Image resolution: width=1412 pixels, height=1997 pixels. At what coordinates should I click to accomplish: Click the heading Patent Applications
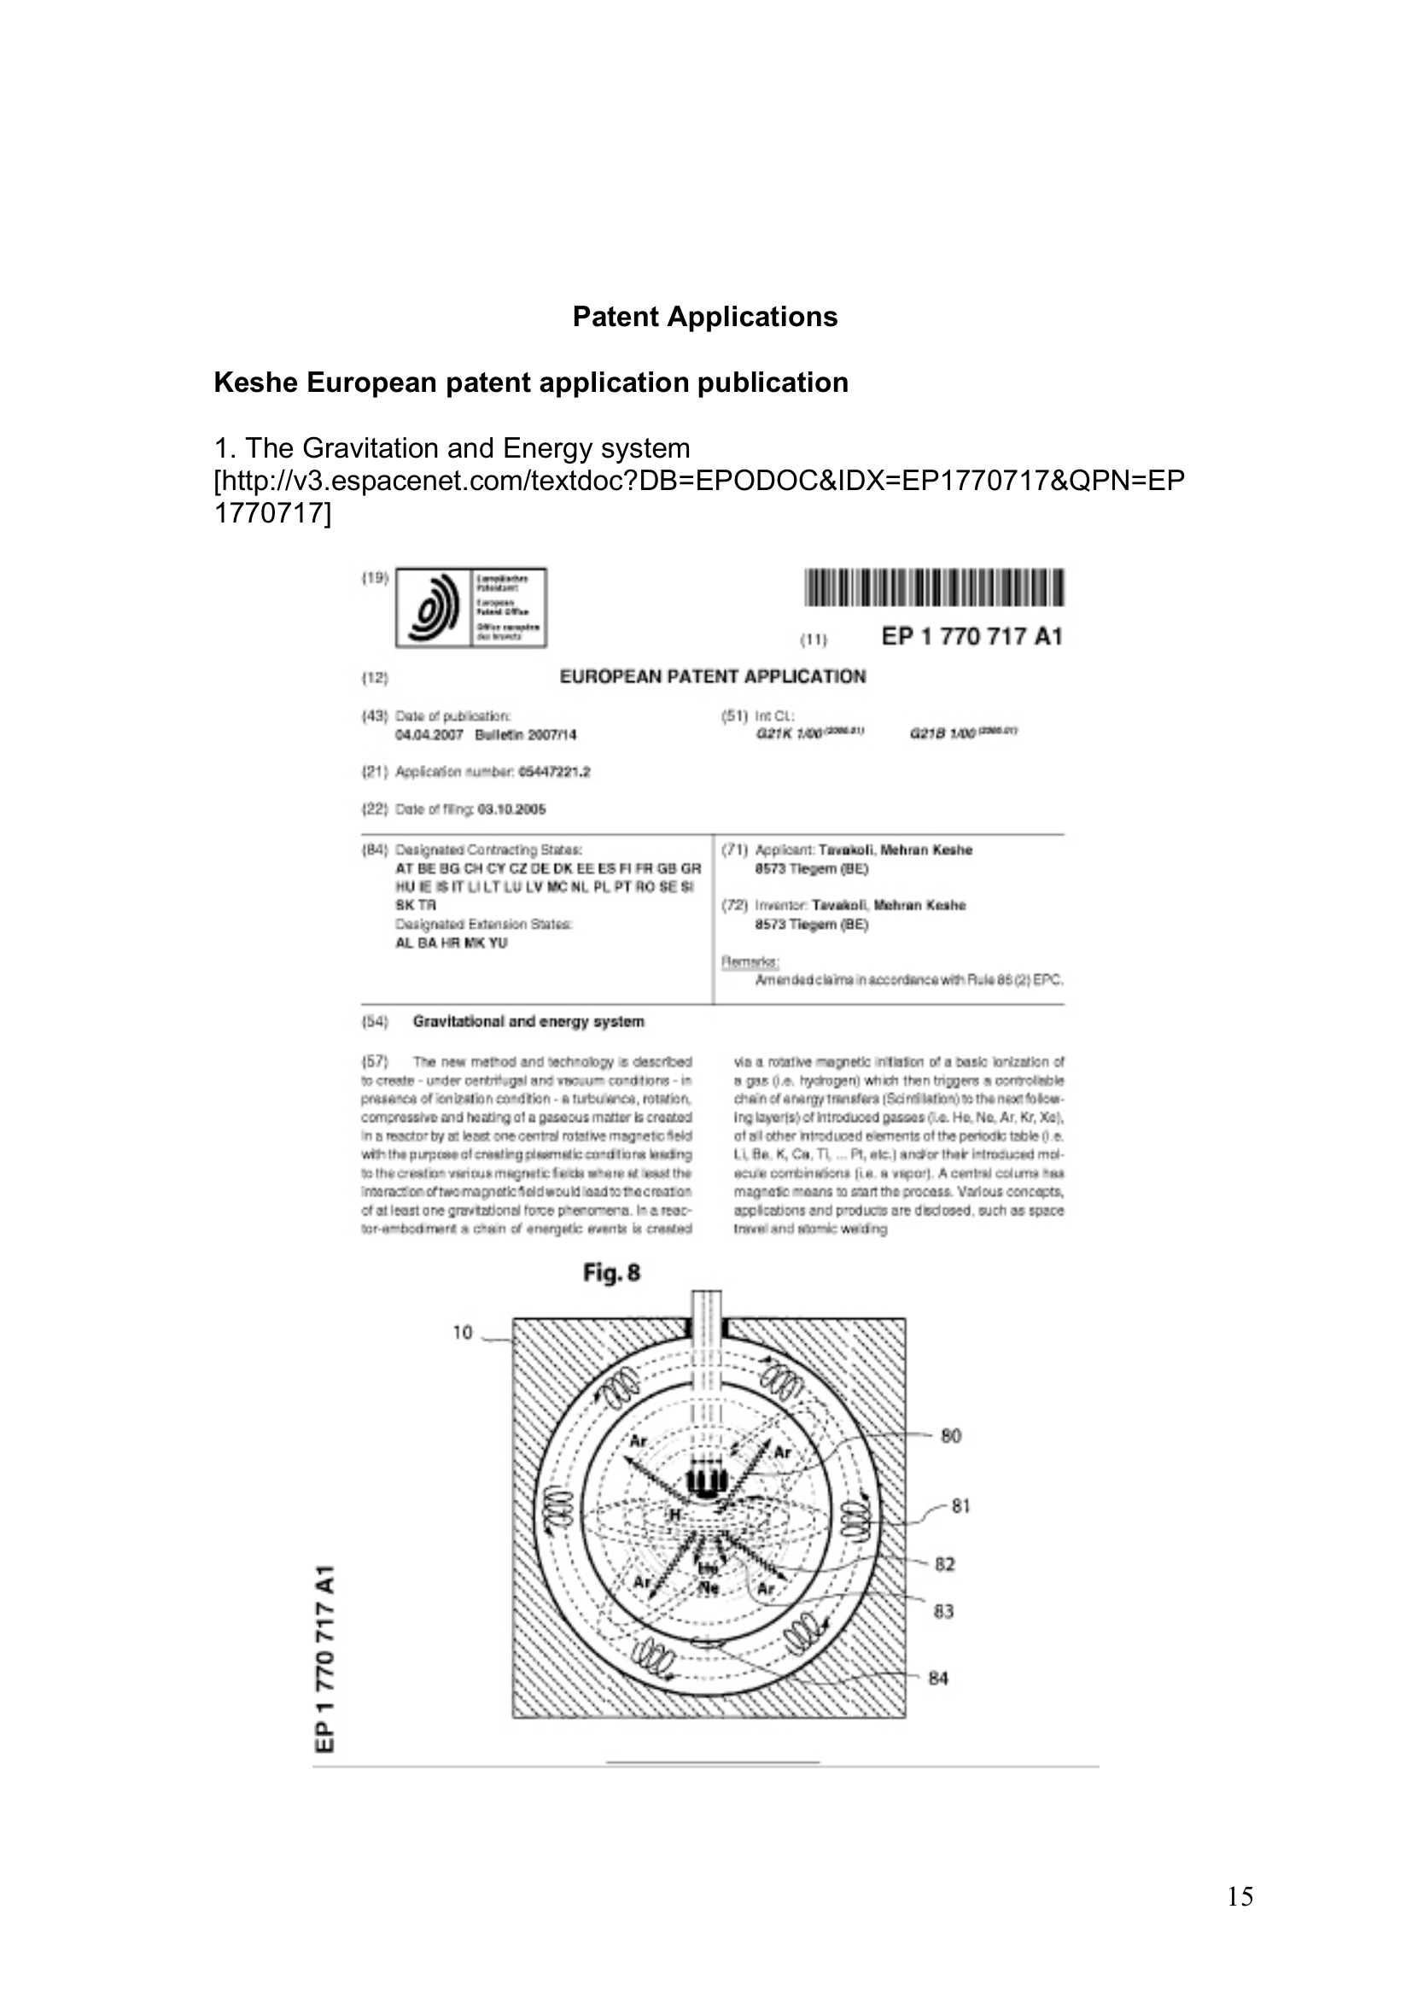click(704, 317)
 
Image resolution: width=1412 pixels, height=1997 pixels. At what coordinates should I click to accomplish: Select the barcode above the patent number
click(934, 587)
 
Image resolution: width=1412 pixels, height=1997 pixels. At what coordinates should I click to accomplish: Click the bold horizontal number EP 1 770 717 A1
click(971, 637)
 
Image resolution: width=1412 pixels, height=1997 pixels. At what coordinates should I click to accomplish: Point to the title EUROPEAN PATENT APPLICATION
click(712, 677)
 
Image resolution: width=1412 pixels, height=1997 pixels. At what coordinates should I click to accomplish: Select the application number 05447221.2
click(554, 772)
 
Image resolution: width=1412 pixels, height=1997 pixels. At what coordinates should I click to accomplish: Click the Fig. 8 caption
click(611, 1273)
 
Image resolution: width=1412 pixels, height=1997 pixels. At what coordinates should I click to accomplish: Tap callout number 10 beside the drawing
click(463, 1333)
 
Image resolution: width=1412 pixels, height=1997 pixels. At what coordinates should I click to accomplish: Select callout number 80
click(950, 1436)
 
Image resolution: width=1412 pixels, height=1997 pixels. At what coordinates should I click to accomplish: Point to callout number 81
click(960, 1506)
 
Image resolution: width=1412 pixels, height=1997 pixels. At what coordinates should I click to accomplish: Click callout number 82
click(945, 1564)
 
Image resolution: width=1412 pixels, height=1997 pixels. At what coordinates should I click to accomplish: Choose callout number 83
click(943, 1612)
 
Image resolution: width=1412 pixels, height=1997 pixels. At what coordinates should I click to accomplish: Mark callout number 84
click(938, 1678)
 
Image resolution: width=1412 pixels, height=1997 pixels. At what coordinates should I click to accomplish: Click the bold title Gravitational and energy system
click(528, 1022)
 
